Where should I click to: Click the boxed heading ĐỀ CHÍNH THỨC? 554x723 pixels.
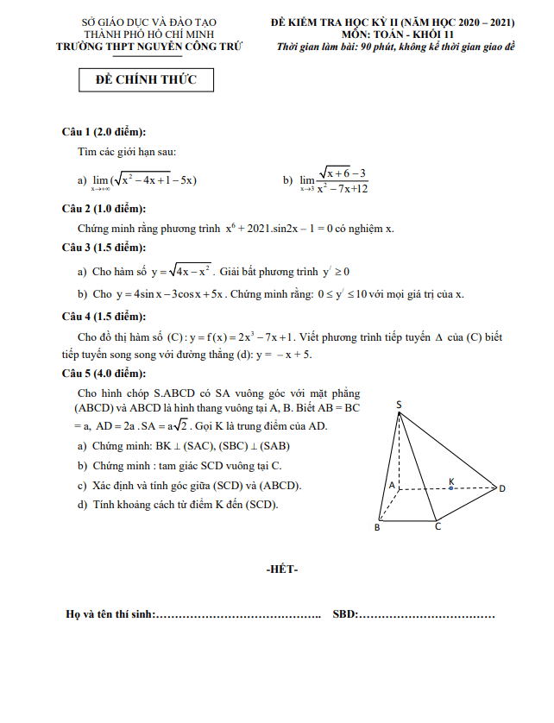coord(146,80)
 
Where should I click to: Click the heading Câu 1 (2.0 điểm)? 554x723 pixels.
coord(104,131)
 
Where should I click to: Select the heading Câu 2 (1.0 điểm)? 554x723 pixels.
coord(104,209)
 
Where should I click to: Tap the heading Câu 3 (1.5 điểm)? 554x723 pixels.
coord(104,248)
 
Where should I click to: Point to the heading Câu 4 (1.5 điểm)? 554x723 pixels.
coord(104,316)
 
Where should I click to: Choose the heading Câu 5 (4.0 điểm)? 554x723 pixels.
coord(104,374)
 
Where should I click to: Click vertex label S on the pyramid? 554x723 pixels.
coord(399,404)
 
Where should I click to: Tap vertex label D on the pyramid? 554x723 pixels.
coord(502,489)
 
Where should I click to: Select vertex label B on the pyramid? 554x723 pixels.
coord(376,527)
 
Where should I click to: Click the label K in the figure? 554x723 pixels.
coord(450,480)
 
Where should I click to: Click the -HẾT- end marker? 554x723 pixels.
coord(282,569)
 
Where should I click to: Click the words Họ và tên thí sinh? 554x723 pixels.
coord(110,614)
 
